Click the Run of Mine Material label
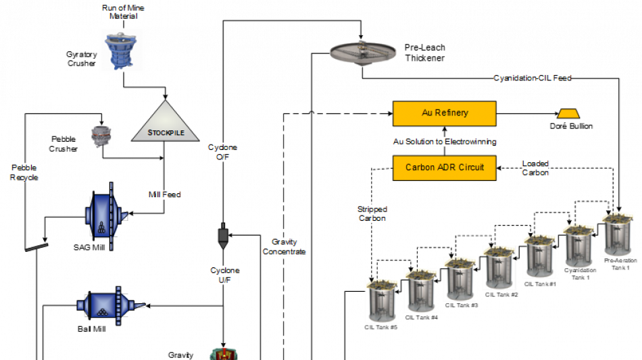coord(123,12)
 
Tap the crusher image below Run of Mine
coord(122,49)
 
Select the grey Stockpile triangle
coord(166,123)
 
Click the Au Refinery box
coord(444,113)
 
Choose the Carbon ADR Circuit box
coord(444,168)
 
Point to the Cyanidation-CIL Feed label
coord(532,78)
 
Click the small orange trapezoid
coord(568,113)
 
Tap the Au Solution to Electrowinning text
coord(445,142)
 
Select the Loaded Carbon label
coord(535,168)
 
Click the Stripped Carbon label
coord(372,213)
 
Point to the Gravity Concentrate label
coord(284,247)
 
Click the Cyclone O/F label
coord(222,153)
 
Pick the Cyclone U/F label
coord(224,275)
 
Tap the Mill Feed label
coord(164,195)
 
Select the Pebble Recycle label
coord(24,172)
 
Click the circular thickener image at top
coord(363,52)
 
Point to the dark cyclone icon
coord(222,236)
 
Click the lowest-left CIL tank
coord(382,301)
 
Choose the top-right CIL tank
coord(617,234)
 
